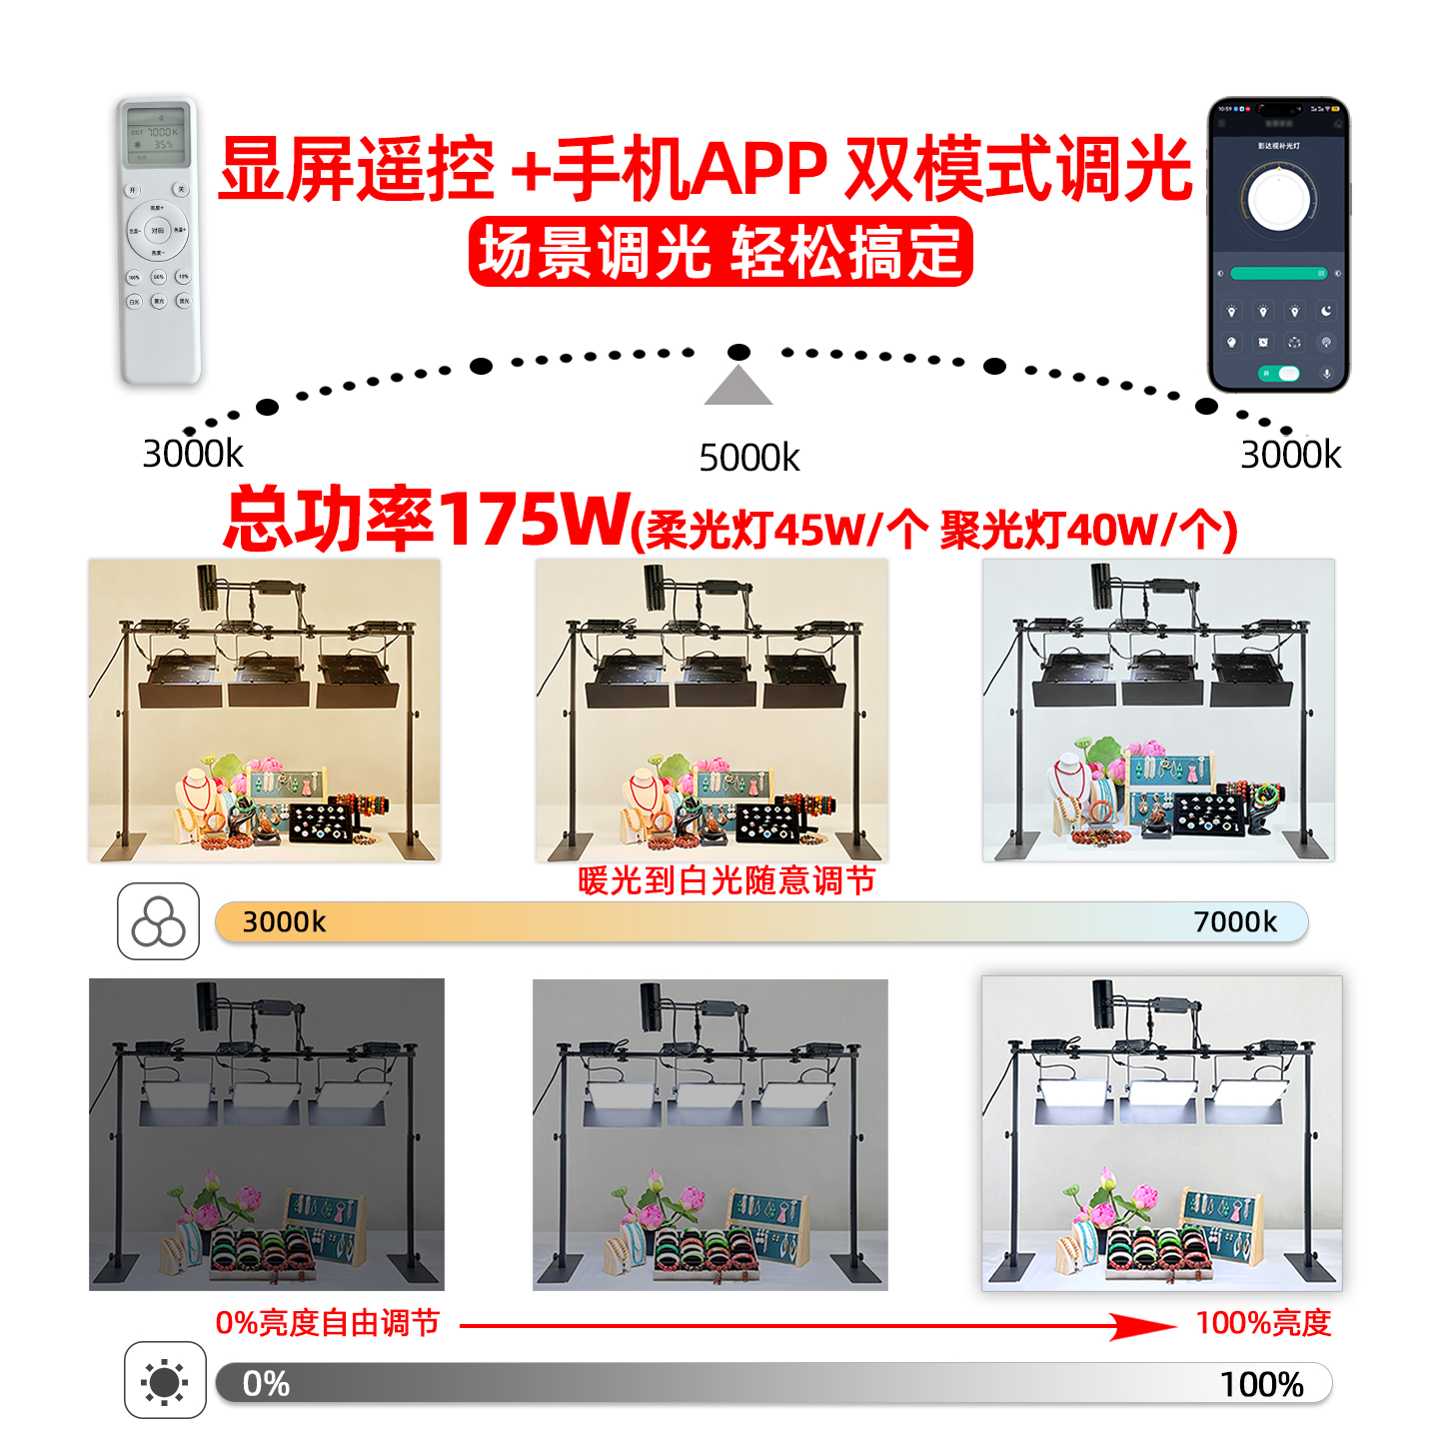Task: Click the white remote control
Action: (160, 242)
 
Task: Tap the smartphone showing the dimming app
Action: (1278, 244)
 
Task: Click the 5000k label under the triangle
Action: (749, 458)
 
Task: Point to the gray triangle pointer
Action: (737, 387)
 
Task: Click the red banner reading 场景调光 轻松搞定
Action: (719, 252)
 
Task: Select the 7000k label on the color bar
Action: (1235, 921)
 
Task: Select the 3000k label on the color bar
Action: (284, 921)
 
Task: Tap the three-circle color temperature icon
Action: (158, 921)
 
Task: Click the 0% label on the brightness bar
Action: (266, 1383)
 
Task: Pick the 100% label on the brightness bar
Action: (1261, 1384)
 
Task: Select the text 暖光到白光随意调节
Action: (726, 880)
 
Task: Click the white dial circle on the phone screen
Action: (1278, 198)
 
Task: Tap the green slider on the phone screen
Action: (1278, 273)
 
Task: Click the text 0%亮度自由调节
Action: (328, 1323)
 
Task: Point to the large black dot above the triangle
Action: (738, 352)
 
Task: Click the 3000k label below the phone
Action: (1290, 455)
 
